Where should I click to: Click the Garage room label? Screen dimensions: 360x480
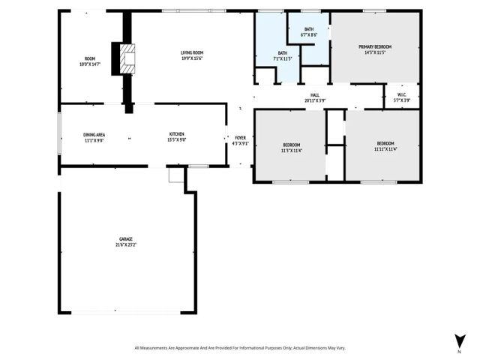coord(125,239)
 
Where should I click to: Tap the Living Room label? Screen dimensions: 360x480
coord(192,52)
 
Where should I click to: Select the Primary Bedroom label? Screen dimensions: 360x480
coord(375,46)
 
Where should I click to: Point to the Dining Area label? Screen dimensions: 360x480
coord(94,134)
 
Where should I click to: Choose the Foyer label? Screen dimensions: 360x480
coord(240,138)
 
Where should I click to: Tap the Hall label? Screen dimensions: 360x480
coord(315,94)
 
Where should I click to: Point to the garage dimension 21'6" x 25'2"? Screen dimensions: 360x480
coord(125,245)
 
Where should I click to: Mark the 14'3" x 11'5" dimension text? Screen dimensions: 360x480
coord(375,52)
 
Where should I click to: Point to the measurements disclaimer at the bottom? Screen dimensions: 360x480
coord(240,348)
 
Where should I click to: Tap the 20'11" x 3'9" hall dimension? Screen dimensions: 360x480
coord(315,100)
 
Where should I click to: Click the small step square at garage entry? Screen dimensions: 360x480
coord(176,175)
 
